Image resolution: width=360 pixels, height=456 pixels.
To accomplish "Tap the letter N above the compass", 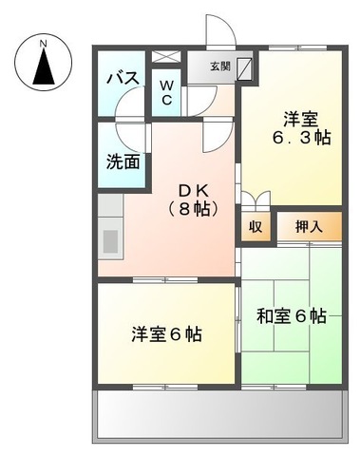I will (43, 42).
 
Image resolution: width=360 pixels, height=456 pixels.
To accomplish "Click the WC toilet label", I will (165, 93).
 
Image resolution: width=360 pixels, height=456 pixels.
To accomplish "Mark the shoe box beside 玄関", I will (246, 67).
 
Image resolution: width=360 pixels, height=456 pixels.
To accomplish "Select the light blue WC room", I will (165, 95).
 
